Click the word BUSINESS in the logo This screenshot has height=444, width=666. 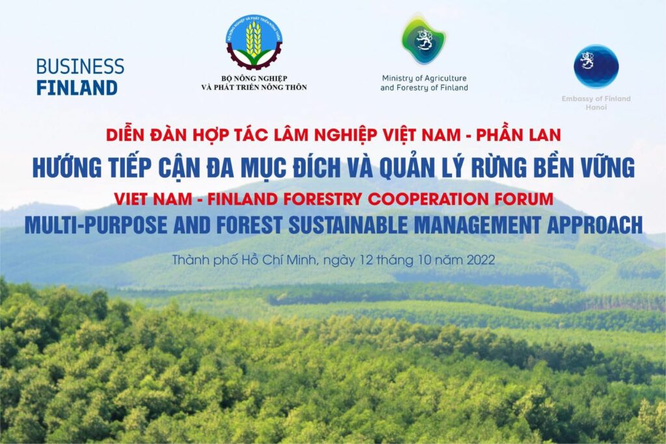pos(80,67)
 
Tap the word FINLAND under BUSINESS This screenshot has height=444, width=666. pos(77,88)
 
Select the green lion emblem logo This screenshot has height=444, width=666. pos(424,40)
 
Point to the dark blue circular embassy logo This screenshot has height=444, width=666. pos(596,66)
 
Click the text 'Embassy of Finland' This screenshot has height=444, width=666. pos(596,98)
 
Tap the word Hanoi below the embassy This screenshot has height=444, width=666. pos(596,107)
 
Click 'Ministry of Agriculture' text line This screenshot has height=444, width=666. pos(424,79)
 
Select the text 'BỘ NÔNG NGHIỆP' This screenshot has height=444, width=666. pos(254,79)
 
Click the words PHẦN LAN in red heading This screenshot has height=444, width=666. pos(518,135)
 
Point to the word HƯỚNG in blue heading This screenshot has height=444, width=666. pos(67,167)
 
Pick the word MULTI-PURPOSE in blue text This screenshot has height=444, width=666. pos(96,225)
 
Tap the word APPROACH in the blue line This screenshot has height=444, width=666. pos(595,225)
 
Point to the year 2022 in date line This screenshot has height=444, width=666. pos(481,260)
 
